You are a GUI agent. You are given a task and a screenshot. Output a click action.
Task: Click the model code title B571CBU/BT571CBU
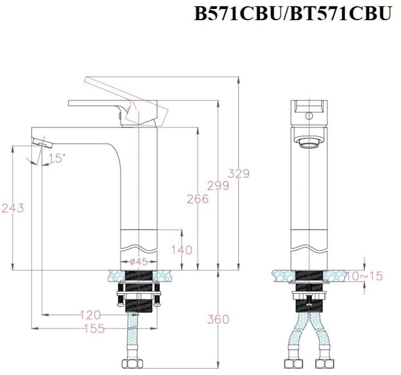[292, 13]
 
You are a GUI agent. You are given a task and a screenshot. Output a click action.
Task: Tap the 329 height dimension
[239, 173]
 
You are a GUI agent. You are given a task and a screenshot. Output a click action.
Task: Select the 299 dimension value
[218, 185]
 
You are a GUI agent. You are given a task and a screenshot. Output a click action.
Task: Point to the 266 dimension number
[198, 199]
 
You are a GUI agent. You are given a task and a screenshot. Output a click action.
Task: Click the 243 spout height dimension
[13, 208]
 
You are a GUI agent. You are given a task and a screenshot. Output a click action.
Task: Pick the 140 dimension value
[182, 250]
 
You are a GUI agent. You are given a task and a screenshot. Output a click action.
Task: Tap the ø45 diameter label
[138, 261]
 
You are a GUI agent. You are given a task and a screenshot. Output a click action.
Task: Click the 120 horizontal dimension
[91, 316]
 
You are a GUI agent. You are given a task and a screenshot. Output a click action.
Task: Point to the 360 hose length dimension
[218, 319]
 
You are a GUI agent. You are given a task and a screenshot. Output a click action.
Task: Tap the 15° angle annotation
[57, 158]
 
